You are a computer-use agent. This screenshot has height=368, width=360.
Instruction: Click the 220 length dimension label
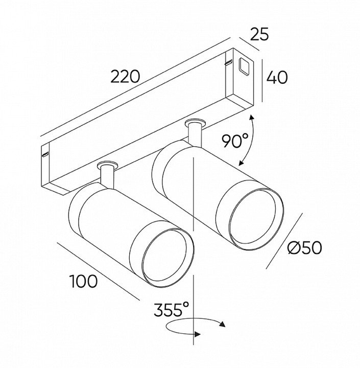(125, 77)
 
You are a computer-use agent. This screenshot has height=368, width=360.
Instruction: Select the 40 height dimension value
(277, 77)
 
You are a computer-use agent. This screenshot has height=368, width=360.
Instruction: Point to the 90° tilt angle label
(234, 140)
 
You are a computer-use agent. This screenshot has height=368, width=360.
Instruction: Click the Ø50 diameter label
(304, 247)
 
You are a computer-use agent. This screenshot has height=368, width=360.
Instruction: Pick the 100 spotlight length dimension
(83, 281)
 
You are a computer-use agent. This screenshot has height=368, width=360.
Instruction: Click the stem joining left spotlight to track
(107, 176)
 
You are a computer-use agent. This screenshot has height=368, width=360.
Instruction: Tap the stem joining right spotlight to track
(195, 134)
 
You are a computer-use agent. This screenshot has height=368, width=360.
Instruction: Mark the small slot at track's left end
(45, 153)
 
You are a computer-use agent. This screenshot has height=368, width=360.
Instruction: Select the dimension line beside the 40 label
(262, 80)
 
